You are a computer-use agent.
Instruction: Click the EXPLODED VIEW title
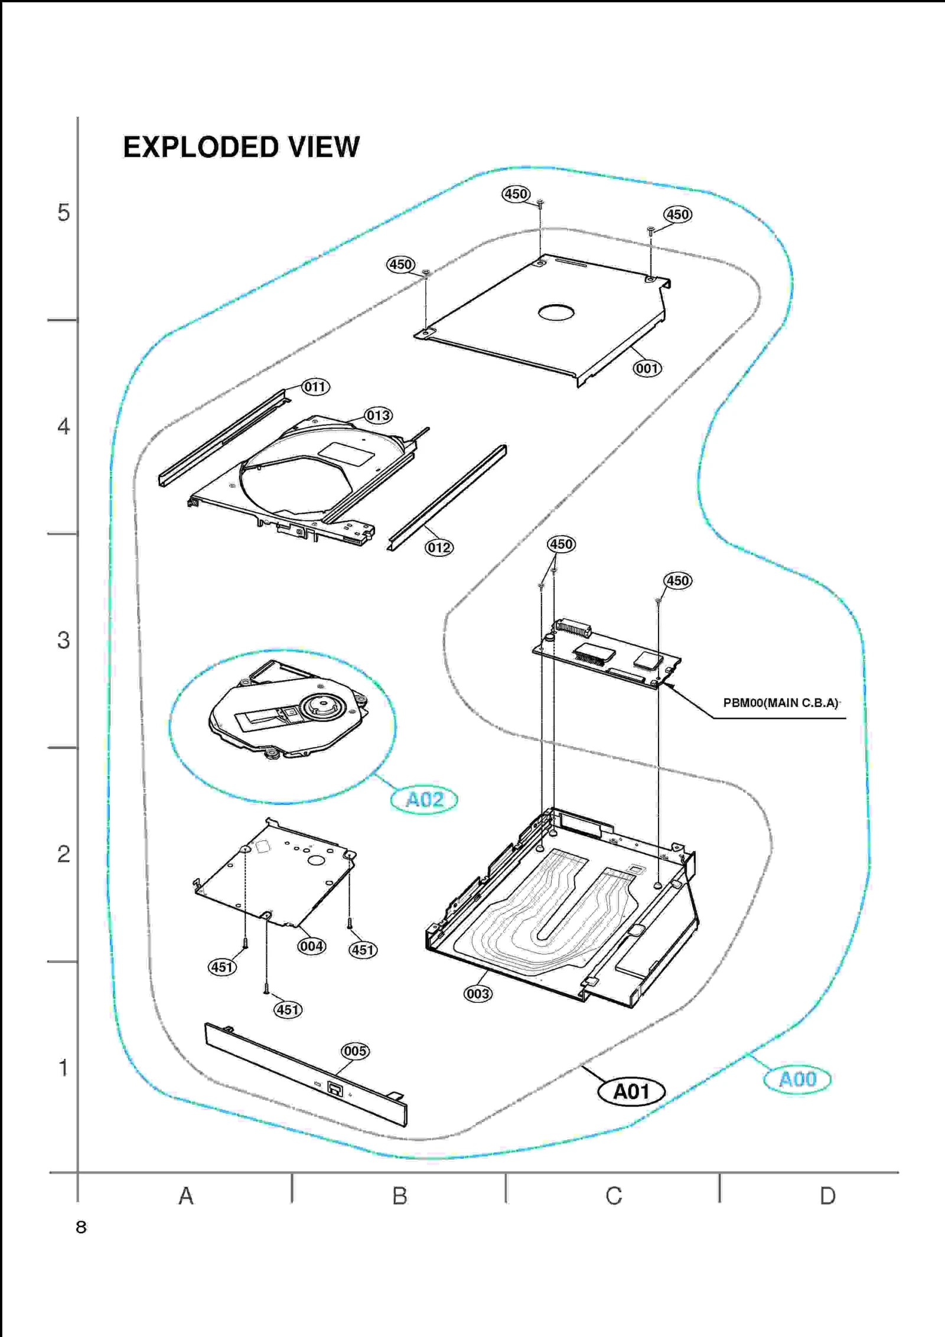point(241,147)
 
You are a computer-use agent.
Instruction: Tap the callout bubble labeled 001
point(647,369)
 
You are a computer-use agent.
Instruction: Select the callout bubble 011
point(315,387)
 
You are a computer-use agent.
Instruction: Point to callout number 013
point(378,415)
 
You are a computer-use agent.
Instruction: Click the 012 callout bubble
point(439,547)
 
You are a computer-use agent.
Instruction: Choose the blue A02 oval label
point(424,800)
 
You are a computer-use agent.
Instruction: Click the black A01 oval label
point(631,1091)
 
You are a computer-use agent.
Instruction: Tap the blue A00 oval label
point(797,1080)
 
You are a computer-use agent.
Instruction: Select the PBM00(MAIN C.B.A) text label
point(780,703)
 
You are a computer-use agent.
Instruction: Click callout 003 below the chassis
point(477,993)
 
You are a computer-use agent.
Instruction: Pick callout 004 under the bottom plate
point(311,946)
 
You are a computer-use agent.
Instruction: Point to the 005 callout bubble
point(355,1051)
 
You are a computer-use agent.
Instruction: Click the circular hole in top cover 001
point(556,312)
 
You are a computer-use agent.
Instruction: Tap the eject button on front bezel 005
point(335,1090)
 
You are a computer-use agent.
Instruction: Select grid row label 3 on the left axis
point(63,640)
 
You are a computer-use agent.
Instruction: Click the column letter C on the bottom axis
point(614,1196)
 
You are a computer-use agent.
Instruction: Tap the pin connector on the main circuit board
point(572,628)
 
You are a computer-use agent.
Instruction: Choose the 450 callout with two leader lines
point(561,544)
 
